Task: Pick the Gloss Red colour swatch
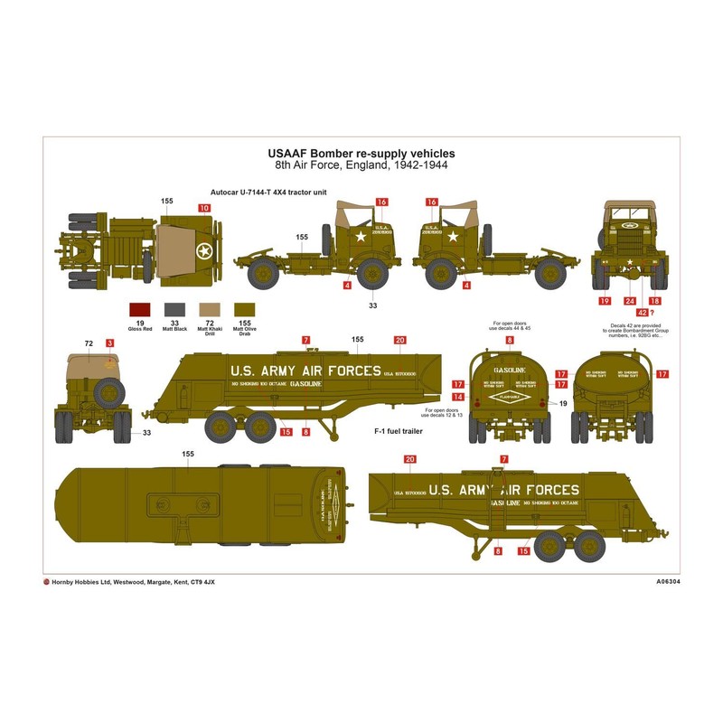coord(140,310)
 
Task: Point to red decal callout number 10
coord(204,208)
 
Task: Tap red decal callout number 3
coord(109,343)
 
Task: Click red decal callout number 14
coord(458,397)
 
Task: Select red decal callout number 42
coord(642,313)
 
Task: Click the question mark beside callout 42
coord(653,313)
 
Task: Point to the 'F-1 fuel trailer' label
coord(399,431)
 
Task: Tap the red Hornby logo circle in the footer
coord(47,582)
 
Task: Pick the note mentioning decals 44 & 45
coord(510,326)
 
